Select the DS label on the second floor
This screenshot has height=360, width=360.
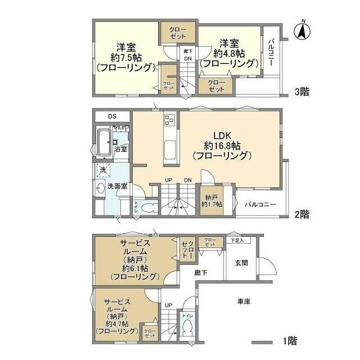coord(112,116)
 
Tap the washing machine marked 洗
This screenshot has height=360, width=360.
coord(103,169)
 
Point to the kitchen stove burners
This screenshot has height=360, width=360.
coord(170,120)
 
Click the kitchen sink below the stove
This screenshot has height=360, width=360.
coord(170,150)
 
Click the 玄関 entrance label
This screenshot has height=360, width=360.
coord(242,263)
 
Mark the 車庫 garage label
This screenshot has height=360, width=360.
coord(243,301)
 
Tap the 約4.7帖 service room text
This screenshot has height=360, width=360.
coord(116,324)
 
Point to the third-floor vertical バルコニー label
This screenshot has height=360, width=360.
coord(271,51)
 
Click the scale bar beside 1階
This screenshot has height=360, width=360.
coord(262,341)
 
